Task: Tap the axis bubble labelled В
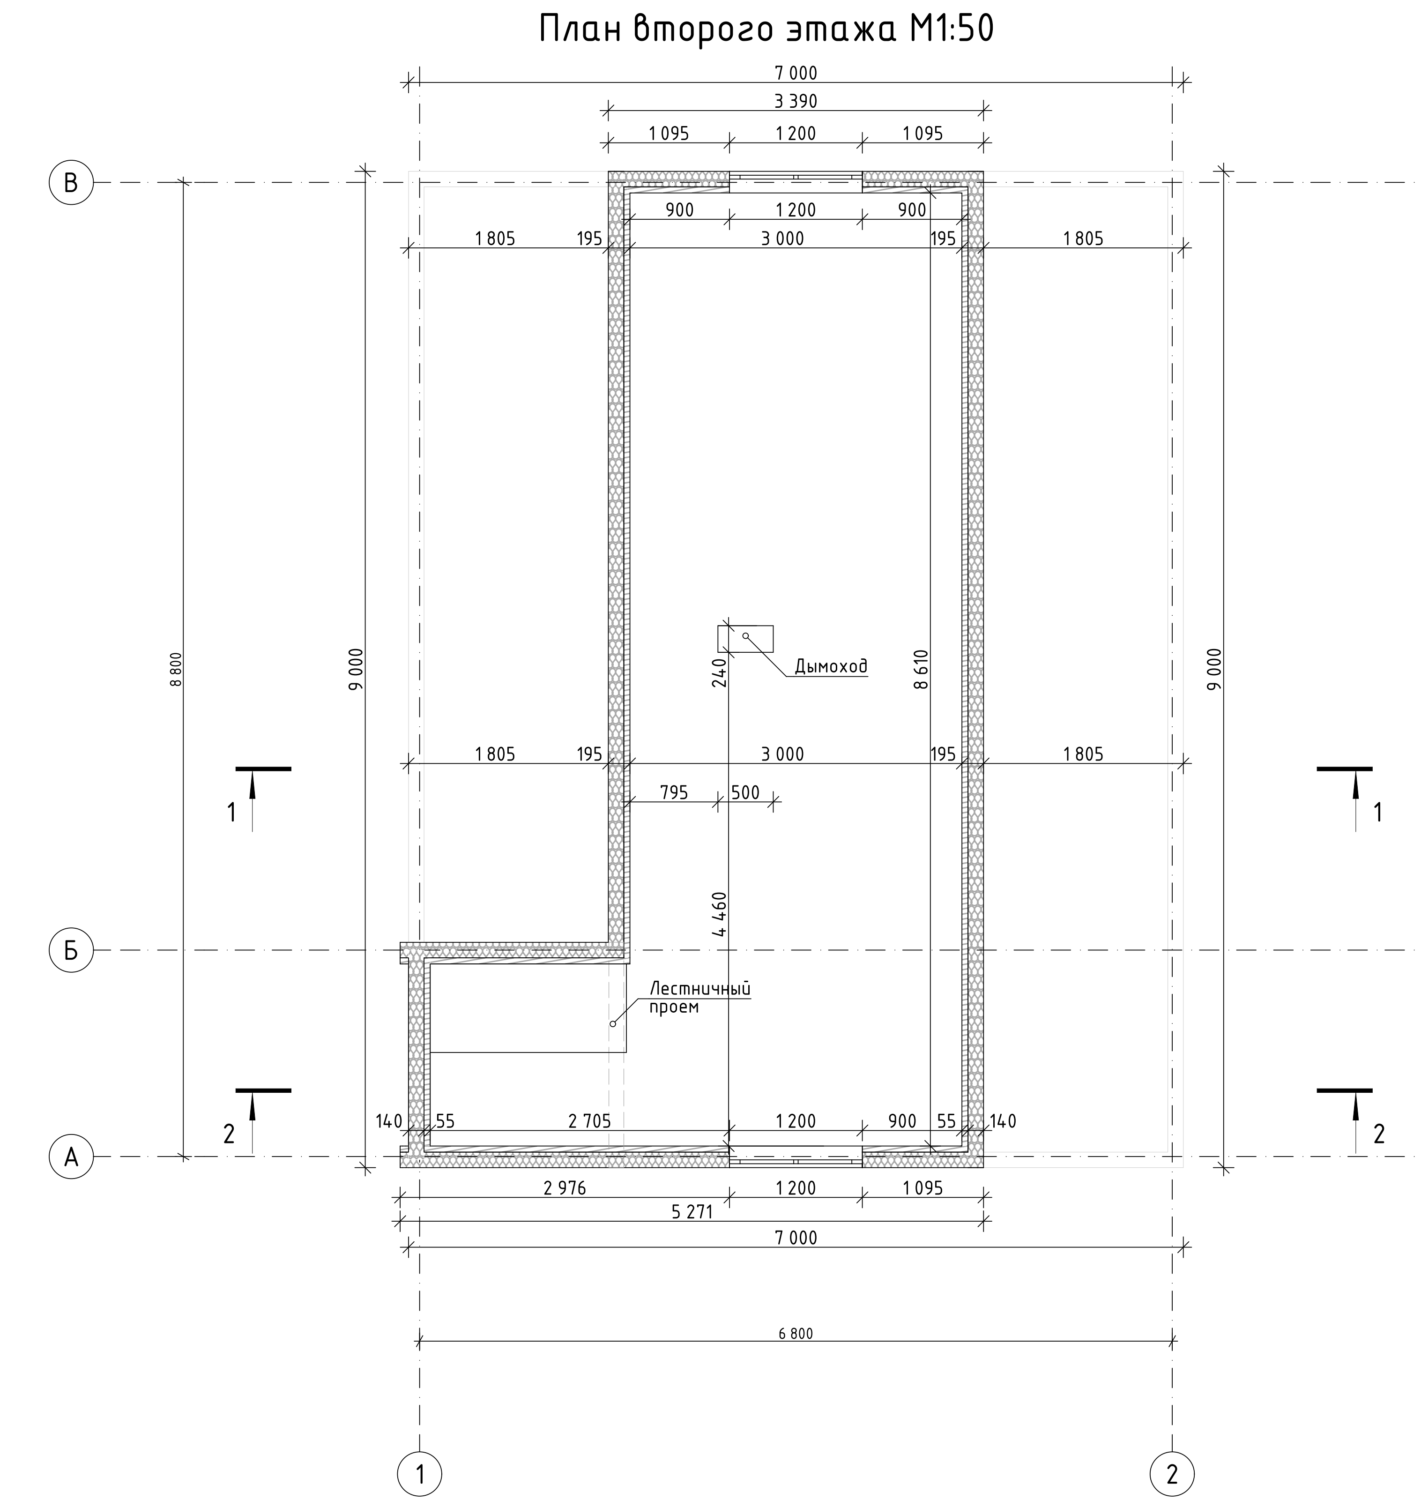[x=71, y=183]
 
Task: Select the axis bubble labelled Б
[x=71, y=950]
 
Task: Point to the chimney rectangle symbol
[x=746, y=639]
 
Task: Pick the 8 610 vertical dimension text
[x=921, y=669]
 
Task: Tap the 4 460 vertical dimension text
[x=720, y=914]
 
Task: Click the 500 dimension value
[x=745, y=792]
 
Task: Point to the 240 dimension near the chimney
[x=720, y=672]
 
